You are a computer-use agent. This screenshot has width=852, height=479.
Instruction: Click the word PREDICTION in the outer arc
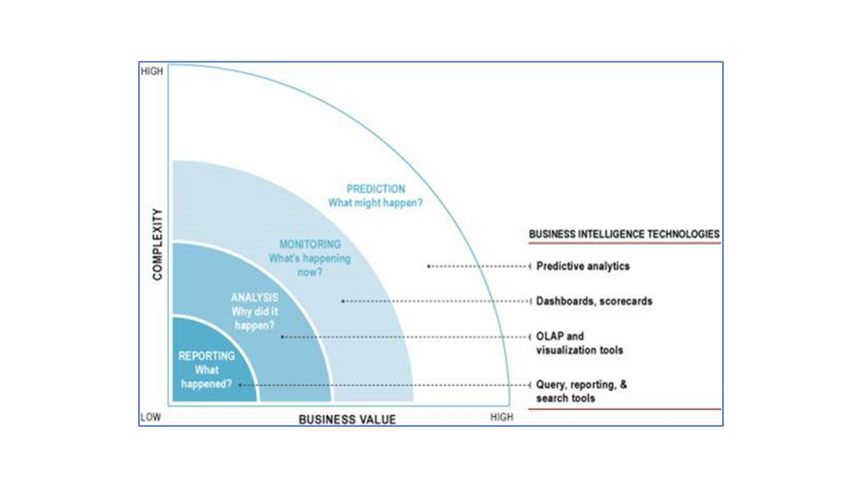click(x=375, y=189)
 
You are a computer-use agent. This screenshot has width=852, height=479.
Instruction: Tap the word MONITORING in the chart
click(x=310, y=244)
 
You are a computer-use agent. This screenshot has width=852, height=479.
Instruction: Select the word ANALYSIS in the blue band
click(x=255, y=298)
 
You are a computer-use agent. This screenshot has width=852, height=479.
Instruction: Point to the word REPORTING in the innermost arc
click(x=206, y=356)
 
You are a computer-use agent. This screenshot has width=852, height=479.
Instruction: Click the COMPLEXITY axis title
click(x=157, y=244)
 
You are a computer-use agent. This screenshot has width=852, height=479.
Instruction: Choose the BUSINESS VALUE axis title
click(x=347, y=419)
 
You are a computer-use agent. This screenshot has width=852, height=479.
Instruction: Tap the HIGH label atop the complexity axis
click(x=151, y=72)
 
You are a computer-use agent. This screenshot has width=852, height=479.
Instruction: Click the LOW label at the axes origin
click(x=151, y=417)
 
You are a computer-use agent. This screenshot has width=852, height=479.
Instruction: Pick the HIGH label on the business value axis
click(x=502, y=417)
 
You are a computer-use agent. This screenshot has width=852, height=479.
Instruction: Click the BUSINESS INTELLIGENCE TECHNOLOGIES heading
click(x=624, y=234)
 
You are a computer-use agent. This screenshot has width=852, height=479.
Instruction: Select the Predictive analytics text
click(x=582, y=266)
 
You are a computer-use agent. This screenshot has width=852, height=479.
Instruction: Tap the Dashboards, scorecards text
click(x=594, y=301)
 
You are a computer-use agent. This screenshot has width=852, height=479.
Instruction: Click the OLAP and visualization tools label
click(x=579, y=343)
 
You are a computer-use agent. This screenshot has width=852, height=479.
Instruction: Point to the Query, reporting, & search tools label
click(x=582, y=391)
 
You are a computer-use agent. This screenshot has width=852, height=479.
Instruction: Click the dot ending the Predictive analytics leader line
click(x=428, y=266)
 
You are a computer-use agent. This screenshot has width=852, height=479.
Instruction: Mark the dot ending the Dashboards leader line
click(x=342, y=301)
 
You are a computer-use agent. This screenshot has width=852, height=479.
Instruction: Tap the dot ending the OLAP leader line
click(x=282, y=337)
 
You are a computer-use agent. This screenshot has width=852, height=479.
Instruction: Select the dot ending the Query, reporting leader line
click(x=240, y=385)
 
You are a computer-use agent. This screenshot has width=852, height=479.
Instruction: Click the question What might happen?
click(x=375, y=203)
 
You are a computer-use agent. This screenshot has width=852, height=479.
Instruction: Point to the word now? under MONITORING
click(x=310, y=272)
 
